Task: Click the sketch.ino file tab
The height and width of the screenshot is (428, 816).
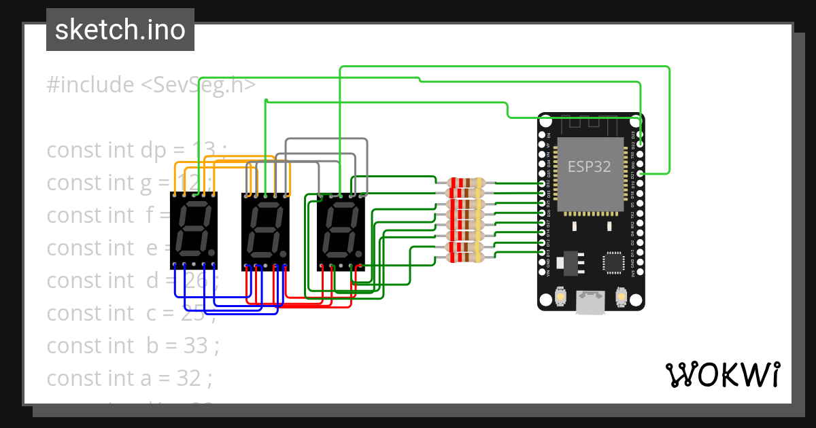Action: pyautogui.click(x=120, y=30)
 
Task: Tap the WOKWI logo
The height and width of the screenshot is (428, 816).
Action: pyautogui.click(x=721, y=374)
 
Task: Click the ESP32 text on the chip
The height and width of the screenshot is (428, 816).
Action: pyautogui.click(x=589, y=166)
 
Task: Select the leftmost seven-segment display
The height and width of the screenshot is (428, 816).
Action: pyautogui.click(x=194, y=230)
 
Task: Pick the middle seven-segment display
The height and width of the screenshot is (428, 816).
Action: pyautogui.click(x=266, y=230)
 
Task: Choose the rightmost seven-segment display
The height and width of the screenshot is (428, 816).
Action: pyautogui.click(x=341, y=230)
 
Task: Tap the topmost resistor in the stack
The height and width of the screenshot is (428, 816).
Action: pyautogui.click(x=466, y=183)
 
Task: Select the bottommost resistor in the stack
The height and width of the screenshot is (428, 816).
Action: pyautogui.click(x=466, y=256)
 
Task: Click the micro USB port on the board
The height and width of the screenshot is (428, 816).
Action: pyautogui.click(x=590, y=303)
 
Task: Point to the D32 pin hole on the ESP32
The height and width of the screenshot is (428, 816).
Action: pyautogui.click(x=542, y=184)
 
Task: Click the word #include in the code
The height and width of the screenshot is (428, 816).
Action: pyautogui.click(x=90, y=86)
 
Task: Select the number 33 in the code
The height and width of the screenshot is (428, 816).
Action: pyautogui.click(x=196, y=346)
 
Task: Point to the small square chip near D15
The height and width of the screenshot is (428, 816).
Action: pyautogui.click(x=613, y=262)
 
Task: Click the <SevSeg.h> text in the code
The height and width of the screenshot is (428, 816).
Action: pyautogui.click(x=199, y=86)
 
